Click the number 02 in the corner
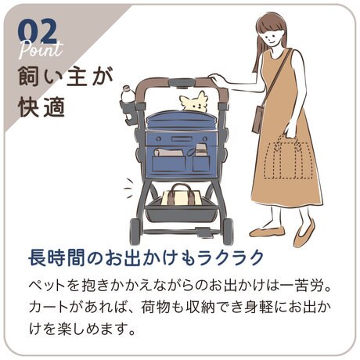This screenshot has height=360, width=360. point(38,31)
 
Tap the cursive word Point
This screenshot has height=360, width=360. point(41,49)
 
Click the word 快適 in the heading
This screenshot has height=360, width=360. point(41,107)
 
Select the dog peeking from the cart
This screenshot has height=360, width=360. point(194,102)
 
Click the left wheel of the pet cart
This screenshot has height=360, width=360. point(135,230)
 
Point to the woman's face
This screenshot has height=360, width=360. point(272,37)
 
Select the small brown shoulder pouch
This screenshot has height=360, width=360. point(257,119)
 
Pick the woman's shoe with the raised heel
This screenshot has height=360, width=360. point(304,233)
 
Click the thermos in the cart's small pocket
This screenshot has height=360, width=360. point(201,150)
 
